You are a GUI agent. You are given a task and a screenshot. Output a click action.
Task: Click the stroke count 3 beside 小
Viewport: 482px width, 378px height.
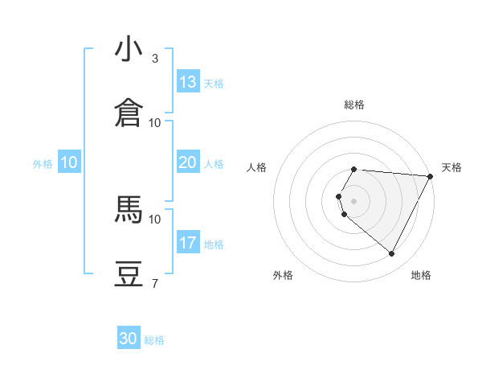(x=155, y=59)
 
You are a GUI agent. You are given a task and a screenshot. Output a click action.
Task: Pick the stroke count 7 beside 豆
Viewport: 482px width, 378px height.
(x=155, y=283)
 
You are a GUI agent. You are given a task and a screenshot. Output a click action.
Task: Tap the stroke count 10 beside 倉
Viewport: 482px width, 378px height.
(x=155, y=123)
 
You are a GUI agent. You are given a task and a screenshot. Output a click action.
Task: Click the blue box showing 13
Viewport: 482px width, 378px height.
(x=188, y=82)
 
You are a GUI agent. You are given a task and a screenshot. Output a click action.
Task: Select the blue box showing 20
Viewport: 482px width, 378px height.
(x=188, y=162)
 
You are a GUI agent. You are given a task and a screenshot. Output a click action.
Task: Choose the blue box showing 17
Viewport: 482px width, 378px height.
(x=188, y=243)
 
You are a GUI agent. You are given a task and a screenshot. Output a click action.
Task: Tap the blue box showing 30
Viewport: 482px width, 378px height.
(x=129, y=339)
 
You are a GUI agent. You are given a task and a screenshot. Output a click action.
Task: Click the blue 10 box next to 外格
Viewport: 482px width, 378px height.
(x=69, y=162)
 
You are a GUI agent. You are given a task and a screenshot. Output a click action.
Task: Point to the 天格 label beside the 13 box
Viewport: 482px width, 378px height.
(x=214, y=84)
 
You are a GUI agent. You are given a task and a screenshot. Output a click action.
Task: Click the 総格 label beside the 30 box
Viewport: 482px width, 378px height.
(x=154, y=340)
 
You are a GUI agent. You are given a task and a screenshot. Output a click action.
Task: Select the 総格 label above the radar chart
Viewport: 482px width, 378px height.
(x=354, y=105)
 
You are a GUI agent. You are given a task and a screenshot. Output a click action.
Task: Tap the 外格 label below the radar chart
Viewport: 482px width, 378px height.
(x=283, y=275)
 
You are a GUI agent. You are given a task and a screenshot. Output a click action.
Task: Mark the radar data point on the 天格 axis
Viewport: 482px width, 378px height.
(x=431, y=176)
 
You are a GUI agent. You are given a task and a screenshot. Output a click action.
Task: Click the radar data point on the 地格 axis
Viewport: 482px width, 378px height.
(x=392, y=254)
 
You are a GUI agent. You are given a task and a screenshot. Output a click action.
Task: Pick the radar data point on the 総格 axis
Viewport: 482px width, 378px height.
(x=354, y=169)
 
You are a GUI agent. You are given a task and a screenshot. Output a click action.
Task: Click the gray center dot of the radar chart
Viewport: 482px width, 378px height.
(x=354, y=200)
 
